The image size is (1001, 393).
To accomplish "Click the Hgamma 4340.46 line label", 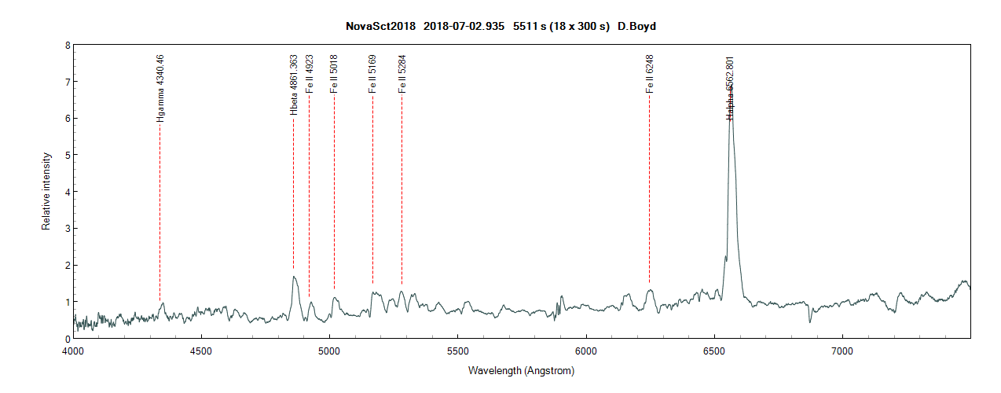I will tap(160, 88).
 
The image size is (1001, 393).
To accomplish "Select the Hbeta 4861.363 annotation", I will tap(294, 85).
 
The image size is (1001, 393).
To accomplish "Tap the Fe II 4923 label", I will tap(310, 74).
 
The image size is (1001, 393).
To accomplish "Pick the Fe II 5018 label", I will tap(335, 74).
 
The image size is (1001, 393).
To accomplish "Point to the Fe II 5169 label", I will tap(372, 74).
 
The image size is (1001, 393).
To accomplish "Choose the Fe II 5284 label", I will tap(402, 74).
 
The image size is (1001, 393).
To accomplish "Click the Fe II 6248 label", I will tap(650, 74).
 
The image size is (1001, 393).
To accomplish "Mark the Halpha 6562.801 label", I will tap(730, 88).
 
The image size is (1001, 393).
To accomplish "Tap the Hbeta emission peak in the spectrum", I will tap(294, 277).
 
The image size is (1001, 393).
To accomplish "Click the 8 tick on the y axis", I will tap(67, 46).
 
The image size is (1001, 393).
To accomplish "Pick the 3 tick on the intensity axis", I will tap(67, 229).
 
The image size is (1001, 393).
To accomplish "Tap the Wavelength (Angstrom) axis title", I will tap(521, 370).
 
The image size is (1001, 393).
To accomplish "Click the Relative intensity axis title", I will tap(46, 192).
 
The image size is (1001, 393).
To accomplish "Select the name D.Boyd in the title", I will tap(636, 26).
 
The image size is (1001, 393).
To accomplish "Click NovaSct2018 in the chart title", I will tap(380, 26).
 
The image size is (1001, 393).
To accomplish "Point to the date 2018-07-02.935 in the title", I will tap(464, 26).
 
